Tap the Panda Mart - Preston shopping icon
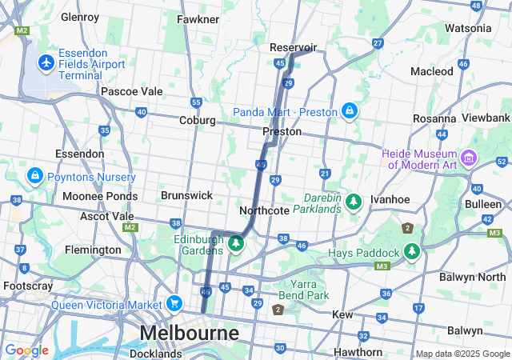click(x=349, y=110)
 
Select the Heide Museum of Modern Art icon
click(x=469, y=154)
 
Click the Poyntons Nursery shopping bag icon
click(x=34, y=174)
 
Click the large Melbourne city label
click(x=190, y=332)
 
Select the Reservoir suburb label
click(x=294, y=47)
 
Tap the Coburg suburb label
click(x=198, y=120)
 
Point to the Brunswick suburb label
click(x=186, y=195)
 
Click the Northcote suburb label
click(x=264, y=210)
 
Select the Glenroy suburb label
click(x=80, y=16)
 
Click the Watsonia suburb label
click(x=468, y=28)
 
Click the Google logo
click(x=26, y=350)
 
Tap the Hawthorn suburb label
click(x=359, y=352)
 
